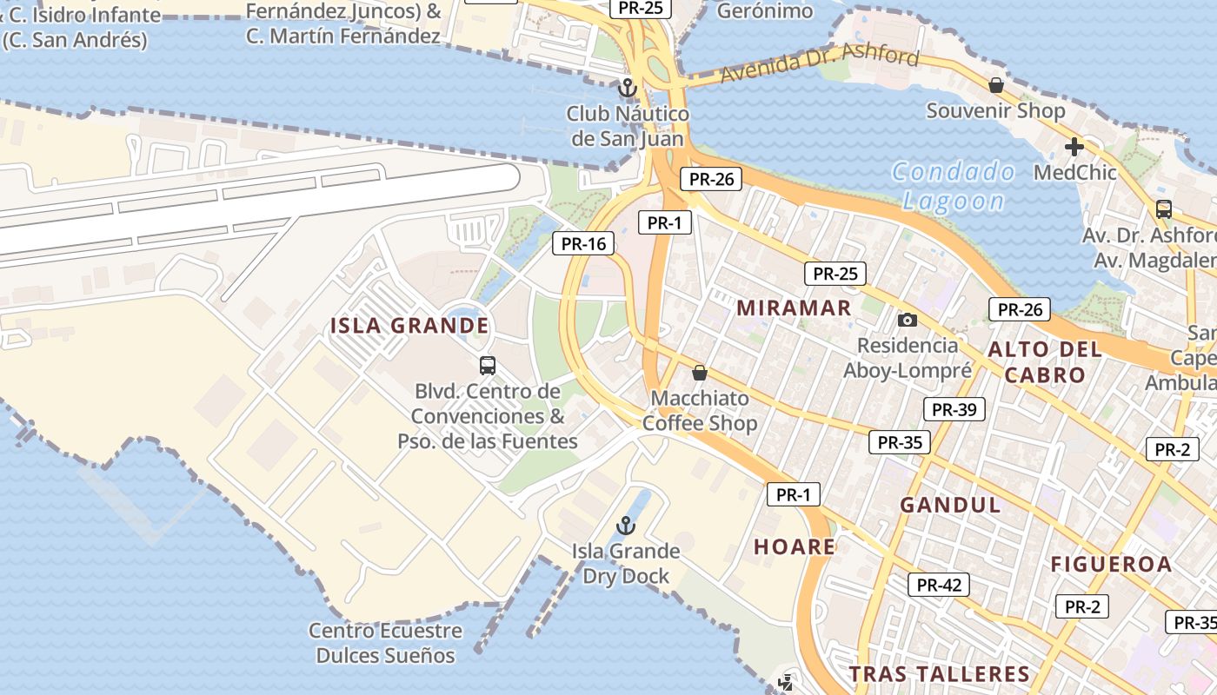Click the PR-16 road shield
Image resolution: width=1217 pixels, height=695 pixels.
[583, 243]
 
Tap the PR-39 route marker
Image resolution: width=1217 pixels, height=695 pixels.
[954, 409]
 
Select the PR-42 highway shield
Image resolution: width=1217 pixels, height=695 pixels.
[939, 585]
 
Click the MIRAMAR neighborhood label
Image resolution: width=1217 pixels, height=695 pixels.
[794, 308]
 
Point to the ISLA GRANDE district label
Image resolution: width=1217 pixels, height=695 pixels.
[409, 326]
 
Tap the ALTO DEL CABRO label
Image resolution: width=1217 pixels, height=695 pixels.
[1044, 362]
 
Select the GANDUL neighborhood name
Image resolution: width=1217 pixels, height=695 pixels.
[950, 505]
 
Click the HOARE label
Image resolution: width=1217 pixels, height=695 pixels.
[795, 546]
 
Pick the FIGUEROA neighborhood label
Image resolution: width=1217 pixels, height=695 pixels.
[1112, 564]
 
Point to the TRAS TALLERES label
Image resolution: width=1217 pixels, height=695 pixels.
[939, 674]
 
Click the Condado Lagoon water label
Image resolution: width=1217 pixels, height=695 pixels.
[954, 186]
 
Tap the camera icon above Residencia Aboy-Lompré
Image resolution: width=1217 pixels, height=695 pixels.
[907, 320]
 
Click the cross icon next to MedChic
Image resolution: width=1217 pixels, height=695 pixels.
[1074, 147]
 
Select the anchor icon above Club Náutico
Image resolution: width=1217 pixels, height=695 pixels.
[627, 88]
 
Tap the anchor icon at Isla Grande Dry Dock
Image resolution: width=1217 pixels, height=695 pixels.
[625, 526]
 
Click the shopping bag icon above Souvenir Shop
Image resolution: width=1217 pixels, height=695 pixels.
[996, 85]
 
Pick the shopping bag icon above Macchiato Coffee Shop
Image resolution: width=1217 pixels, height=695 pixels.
[699, 374]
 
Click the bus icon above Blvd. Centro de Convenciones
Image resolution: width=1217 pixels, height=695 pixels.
[488, 366]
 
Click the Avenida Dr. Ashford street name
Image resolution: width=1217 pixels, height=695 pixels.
[817, 67]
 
